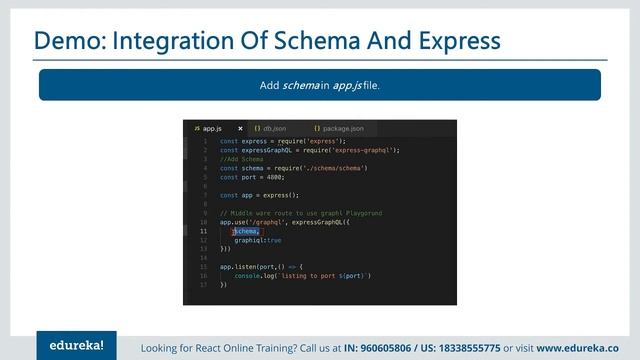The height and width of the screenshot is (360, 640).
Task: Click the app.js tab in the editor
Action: [x=210, y=128]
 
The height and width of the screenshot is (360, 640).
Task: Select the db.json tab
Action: [x=272, y=128]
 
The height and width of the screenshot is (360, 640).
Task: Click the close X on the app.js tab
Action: [x=240, y=128]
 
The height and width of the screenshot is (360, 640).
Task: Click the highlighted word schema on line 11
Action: [x=246, y=231]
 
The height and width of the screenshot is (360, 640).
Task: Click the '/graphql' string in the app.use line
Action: [x=267, y=222]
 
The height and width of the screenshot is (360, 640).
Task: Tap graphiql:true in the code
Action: [x=258, y=240]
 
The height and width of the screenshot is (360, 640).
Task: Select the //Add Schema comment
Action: [x=241, y=159]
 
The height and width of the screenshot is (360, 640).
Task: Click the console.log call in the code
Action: [x=256, y=275]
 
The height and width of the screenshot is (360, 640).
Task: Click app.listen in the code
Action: [x=240, y=266]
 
